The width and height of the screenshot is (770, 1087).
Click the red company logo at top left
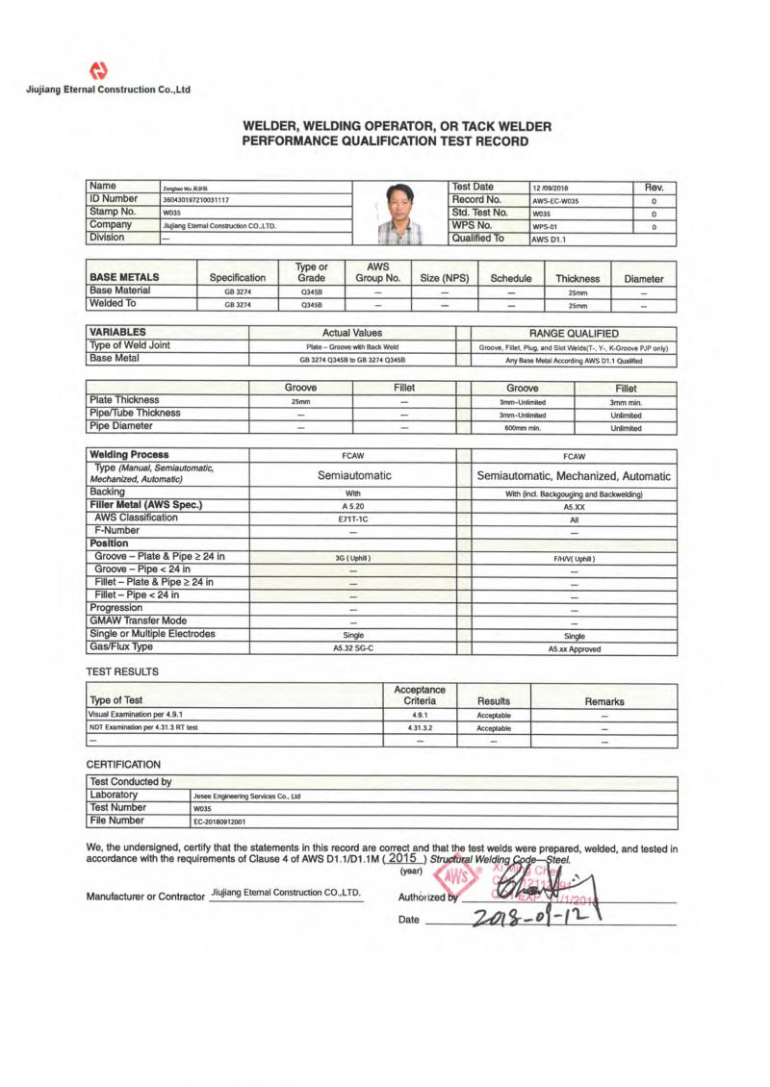(98, 70)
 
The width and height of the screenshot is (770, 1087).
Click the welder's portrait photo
(398, 214)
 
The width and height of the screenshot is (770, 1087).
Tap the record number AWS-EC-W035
(555, 201)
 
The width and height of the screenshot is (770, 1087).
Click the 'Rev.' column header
(654, 187)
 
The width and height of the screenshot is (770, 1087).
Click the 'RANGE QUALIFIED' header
(574, 333)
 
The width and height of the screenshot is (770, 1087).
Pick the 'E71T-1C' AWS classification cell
(352, 518)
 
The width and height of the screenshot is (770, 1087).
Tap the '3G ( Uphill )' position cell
(352, 557)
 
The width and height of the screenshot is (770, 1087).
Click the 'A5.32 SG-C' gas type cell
(352, 648)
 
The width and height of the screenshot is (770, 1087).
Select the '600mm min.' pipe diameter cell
(522, 428)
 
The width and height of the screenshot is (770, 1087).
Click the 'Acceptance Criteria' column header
(420, 695)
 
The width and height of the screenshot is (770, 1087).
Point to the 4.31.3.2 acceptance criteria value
(420, 728)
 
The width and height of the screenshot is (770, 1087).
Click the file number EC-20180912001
(219, 822)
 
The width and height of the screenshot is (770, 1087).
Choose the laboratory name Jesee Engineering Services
(247, 796)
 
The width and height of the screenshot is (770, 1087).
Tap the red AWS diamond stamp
(458, 877)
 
